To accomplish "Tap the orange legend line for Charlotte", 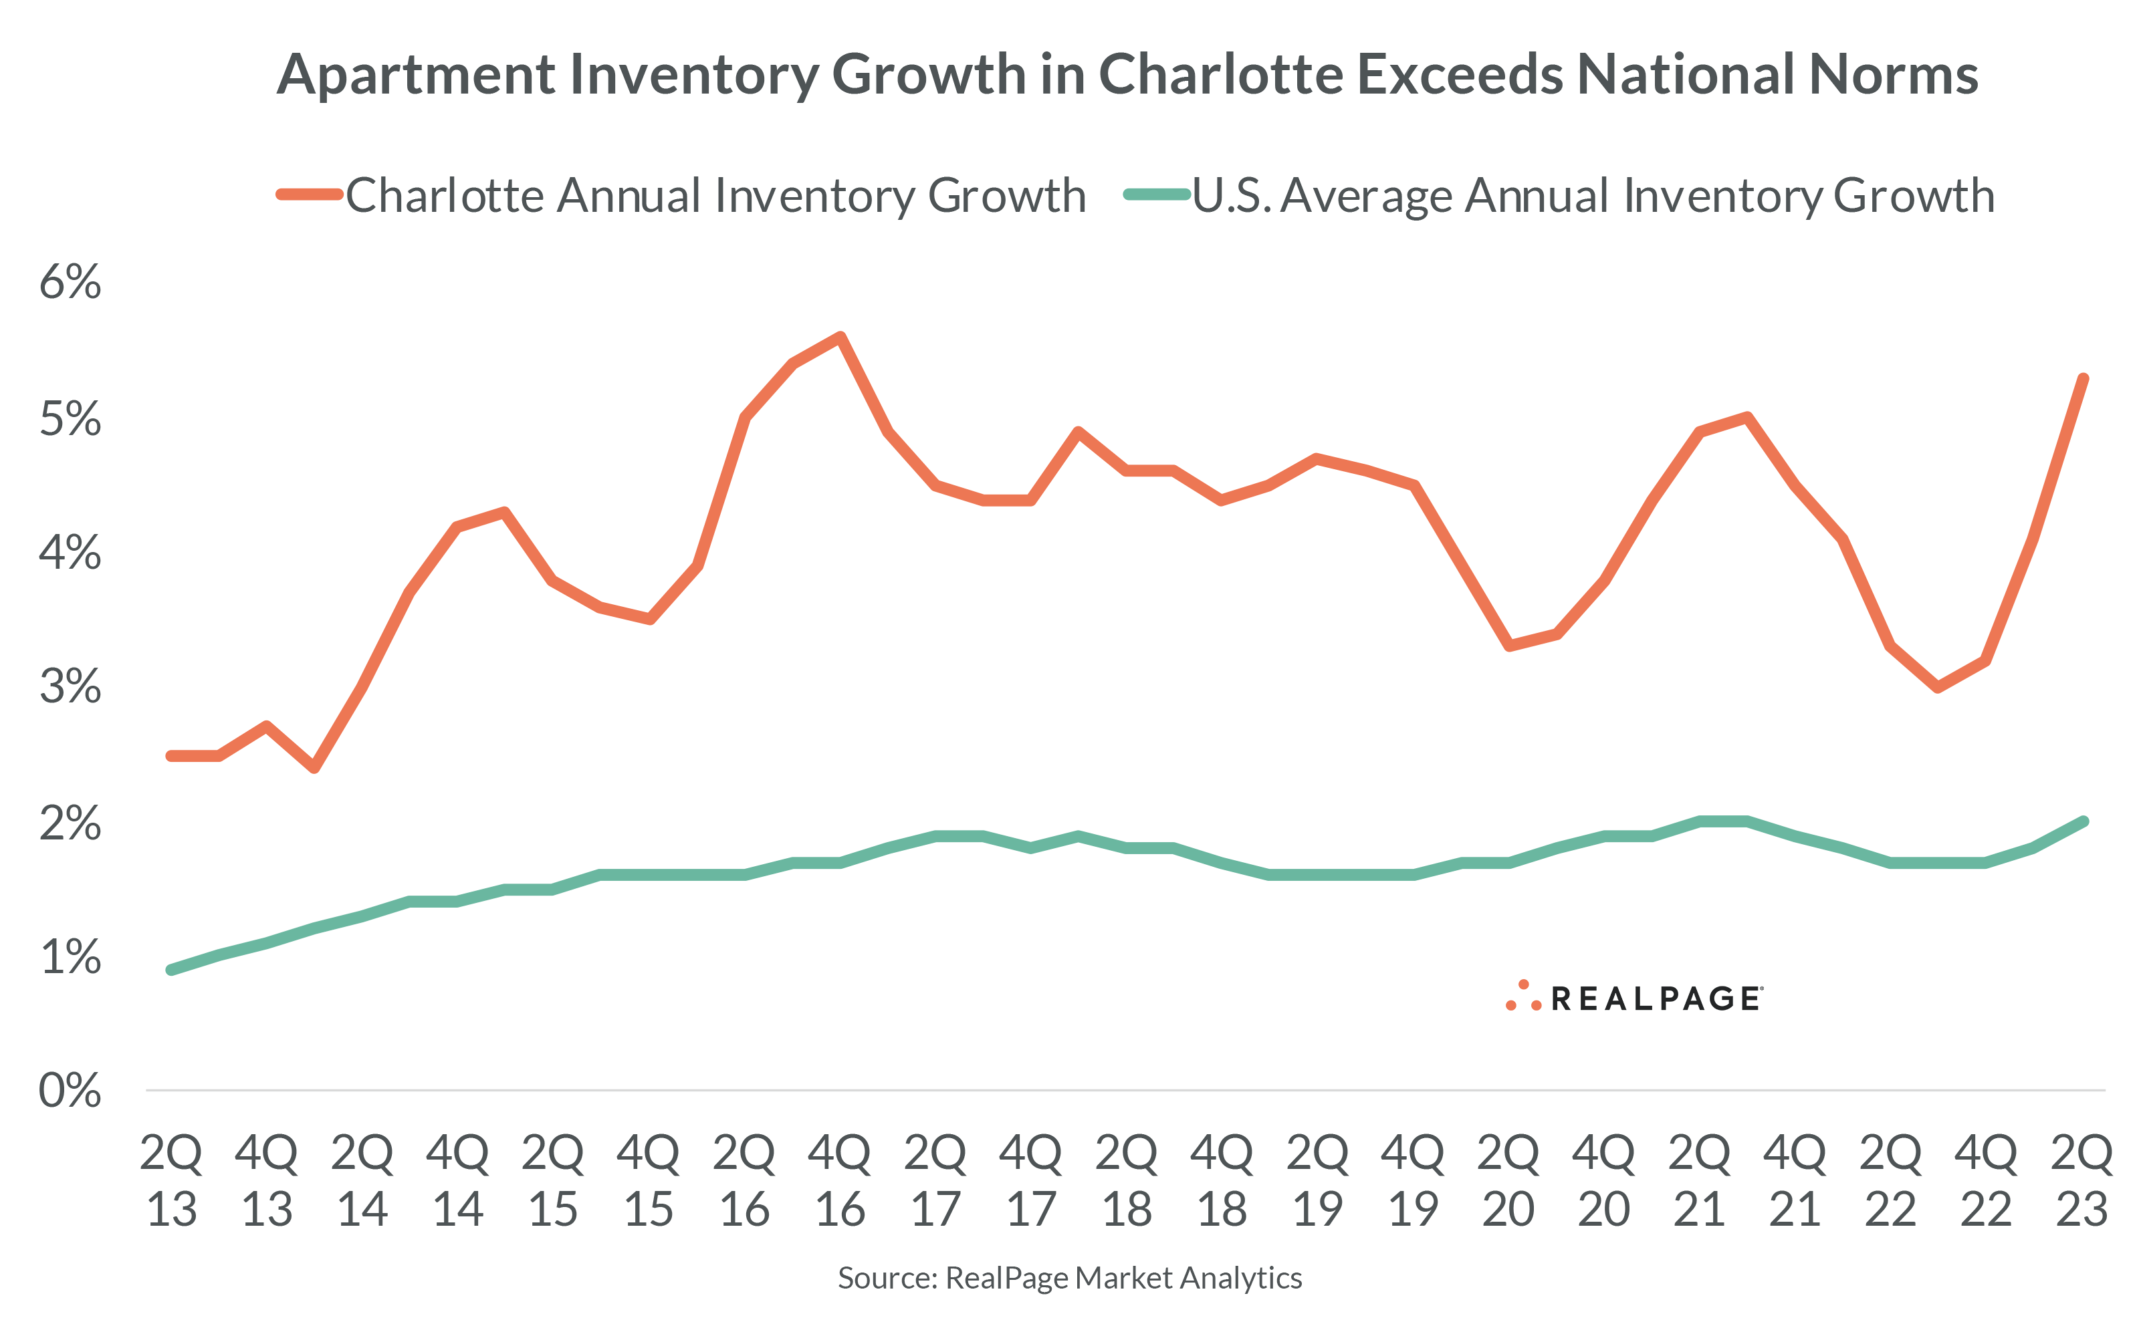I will [309, 195].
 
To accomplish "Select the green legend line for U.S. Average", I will [1156, 195].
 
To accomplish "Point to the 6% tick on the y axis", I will [70, 282].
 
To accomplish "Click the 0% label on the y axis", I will [70, 1090].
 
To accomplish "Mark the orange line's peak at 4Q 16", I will [840, 338].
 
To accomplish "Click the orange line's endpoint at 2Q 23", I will [2082, 380].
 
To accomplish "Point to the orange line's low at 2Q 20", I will [1508, 646].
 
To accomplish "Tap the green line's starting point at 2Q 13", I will [171, 970].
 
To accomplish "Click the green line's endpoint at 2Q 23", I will [2082, 822].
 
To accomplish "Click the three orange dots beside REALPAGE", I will [1523, 998].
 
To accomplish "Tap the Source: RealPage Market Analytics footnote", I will [1069, 1278].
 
